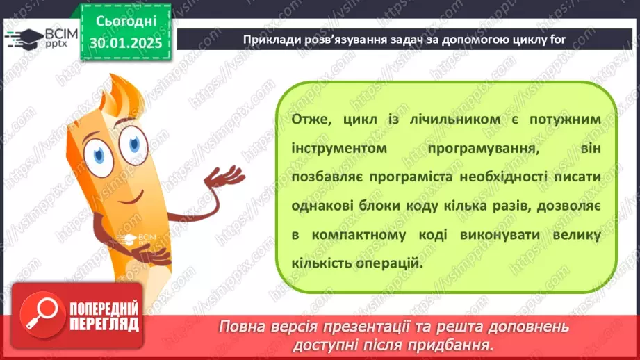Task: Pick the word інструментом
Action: [336, 148]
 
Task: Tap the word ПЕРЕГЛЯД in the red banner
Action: [104, 325]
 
